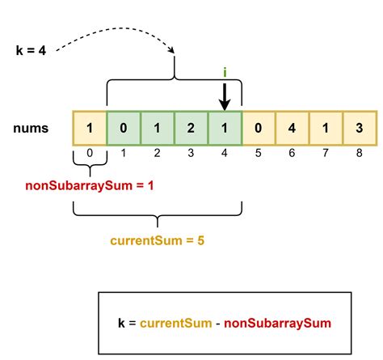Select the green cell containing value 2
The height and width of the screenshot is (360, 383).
coord(191,128)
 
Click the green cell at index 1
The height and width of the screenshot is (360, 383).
coord(123,128)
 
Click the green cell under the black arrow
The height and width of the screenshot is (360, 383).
coord(225,128)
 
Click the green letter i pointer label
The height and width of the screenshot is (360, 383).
coord(225,72)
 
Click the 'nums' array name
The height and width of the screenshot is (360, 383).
coord(30,128)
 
